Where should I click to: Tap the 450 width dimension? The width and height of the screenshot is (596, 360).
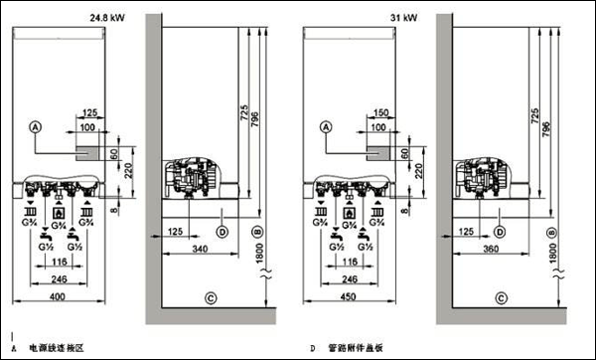coord(357,298)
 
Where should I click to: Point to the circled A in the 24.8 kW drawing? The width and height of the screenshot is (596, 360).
coord(37,127)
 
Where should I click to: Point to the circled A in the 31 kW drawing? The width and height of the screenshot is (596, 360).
coord(326,127)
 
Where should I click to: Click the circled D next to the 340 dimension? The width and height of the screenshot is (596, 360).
coord(223,232)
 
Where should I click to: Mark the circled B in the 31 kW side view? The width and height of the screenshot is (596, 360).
coord(551,232)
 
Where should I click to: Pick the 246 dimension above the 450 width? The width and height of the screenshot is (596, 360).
coord(357,279)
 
